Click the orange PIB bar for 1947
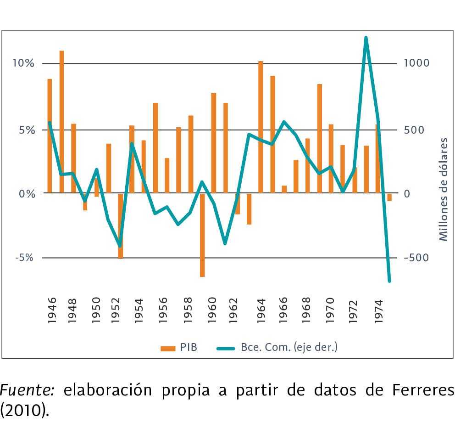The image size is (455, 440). coord(61,122)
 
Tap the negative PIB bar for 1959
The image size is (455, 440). coord(202,235)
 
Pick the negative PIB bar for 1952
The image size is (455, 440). coord(120,226)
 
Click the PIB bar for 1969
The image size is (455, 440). coord(319,138)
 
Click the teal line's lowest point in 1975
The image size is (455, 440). coord(389,281)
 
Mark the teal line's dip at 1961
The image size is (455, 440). coord(225,243)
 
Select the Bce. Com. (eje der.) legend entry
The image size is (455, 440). coord(277,347)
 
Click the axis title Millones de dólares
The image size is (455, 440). coord(443,189)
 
